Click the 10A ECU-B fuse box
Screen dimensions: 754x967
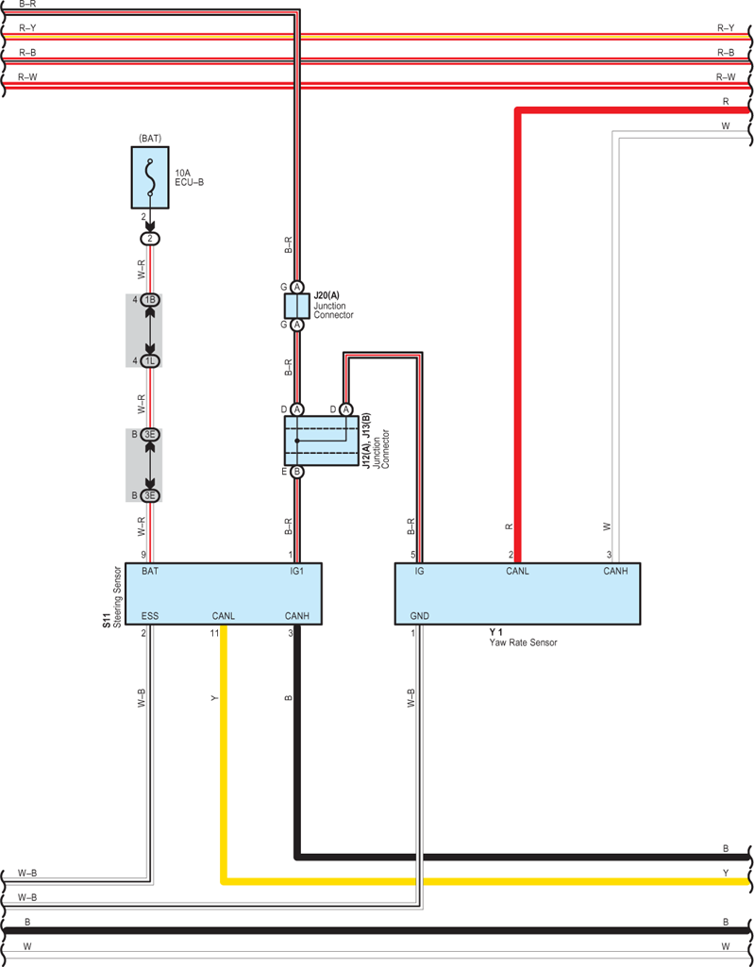[150, 177]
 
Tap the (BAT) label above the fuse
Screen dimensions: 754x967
[150, 138]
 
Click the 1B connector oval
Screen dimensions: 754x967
[150, 300]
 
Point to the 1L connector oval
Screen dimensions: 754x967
[150, 360]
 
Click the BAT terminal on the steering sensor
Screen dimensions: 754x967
[150, 571]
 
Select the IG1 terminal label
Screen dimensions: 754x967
[296, 571]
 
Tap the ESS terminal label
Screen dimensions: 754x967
[150, 615]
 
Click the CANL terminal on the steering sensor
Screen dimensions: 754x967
[224, 615]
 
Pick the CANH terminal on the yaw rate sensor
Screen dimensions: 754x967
[615, 571]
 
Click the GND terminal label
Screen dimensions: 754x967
[420, 615]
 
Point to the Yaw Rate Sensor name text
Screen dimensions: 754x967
[523, 642]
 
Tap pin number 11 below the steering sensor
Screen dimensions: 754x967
[214, 633]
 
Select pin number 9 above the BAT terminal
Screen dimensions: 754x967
[143, 555]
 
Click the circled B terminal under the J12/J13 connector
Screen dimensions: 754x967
[296, 472]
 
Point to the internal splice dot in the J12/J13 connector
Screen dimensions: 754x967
[296, 441]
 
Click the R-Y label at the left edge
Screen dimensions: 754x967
[27, 28]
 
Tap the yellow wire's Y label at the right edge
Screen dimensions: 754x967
[726, 873]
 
